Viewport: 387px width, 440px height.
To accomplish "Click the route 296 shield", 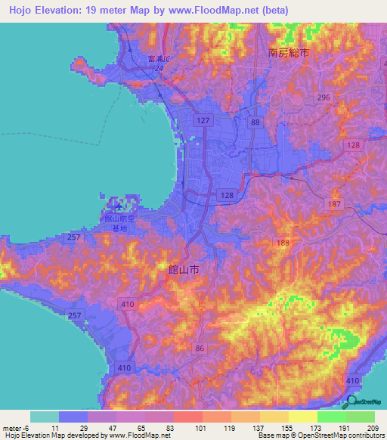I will pos(324,98).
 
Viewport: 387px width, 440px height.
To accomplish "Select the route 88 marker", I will pos(255,122).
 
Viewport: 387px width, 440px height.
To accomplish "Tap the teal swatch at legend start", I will pos(45,417).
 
